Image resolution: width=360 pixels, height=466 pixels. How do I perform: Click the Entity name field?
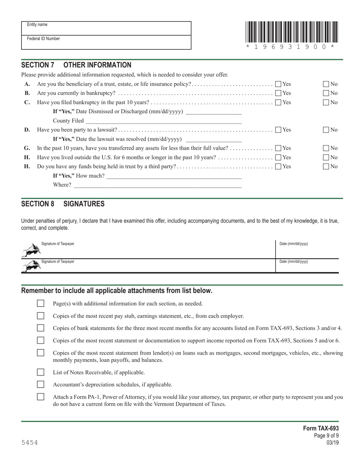pos(106,28)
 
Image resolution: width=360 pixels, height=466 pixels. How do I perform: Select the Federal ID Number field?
pos(106,42)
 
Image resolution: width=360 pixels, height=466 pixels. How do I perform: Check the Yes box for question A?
pos(278,84)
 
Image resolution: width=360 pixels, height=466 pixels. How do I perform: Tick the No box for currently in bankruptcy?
pos(326,93)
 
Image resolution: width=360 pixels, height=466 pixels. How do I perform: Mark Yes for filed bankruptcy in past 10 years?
pos(278,102)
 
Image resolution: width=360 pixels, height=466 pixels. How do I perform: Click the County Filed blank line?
pos(163,121)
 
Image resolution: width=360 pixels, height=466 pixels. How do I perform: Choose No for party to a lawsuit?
pos(326,130)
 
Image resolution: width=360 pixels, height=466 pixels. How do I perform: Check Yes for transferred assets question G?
pos(278,148)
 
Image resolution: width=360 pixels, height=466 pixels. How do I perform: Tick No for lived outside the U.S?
pos(326,157)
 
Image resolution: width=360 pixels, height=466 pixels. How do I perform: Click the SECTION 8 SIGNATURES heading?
pos(63,204)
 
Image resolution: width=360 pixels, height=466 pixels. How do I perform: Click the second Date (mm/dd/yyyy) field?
pos(307,266)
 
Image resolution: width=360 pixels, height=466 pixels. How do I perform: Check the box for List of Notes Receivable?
pos(41,372)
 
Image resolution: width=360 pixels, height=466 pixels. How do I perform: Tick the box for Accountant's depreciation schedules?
pos(41,385)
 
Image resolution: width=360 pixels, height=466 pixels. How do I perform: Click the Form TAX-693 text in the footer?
pos(321,428)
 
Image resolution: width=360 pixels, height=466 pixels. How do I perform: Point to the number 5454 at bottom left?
pos(30,443)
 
